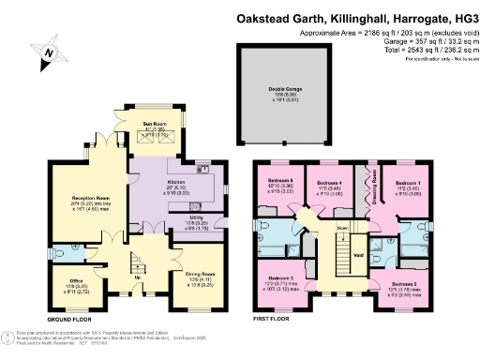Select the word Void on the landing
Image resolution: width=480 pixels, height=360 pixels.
[359, 251]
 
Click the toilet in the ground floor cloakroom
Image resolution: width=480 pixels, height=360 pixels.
[55, 251]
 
